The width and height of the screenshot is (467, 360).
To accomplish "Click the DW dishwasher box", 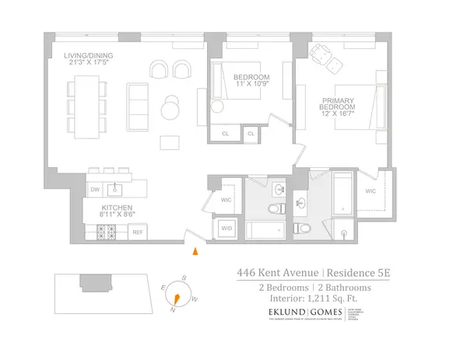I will [95, 188].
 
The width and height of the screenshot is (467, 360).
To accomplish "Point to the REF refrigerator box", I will [137, 231].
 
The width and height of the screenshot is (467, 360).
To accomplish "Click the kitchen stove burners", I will [106, 230].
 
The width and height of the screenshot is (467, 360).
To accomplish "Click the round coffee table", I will [170, 108].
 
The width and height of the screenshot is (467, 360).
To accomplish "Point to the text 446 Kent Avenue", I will [277, 273].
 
